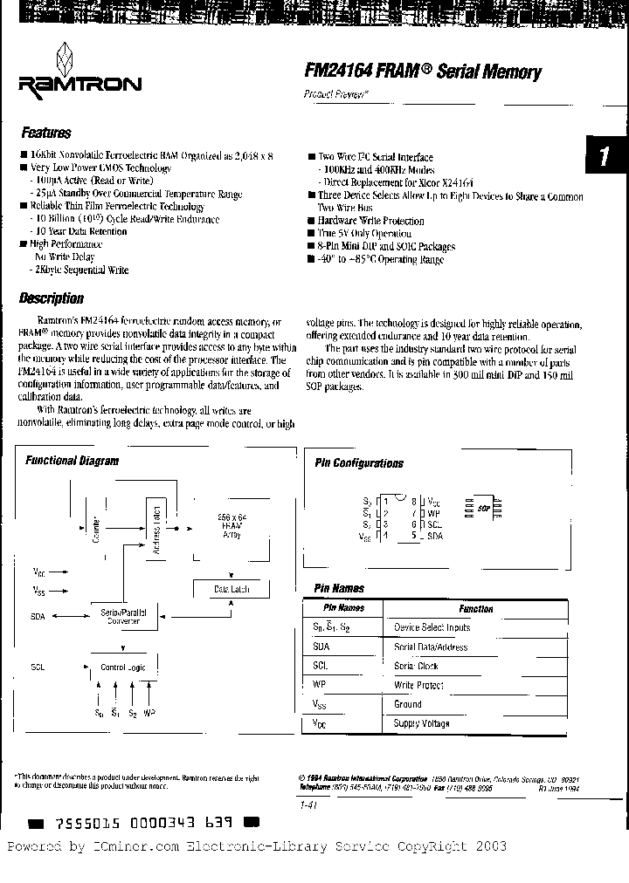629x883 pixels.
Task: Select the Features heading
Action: click(45, 133)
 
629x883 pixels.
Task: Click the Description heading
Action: click(52, 298)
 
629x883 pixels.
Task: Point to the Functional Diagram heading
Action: click(72, 461)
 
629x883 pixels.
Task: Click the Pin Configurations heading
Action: click(359, 463)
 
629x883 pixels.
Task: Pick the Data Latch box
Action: click(232, 590)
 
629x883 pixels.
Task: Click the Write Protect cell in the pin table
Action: click(418, 685)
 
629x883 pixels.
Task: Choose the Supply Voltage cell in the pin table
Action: click(422, 723)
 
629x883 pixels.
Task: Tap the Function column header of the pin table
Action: click(475, 609)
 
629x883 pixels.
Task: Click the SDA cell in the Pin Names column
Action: click(321, 647)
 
